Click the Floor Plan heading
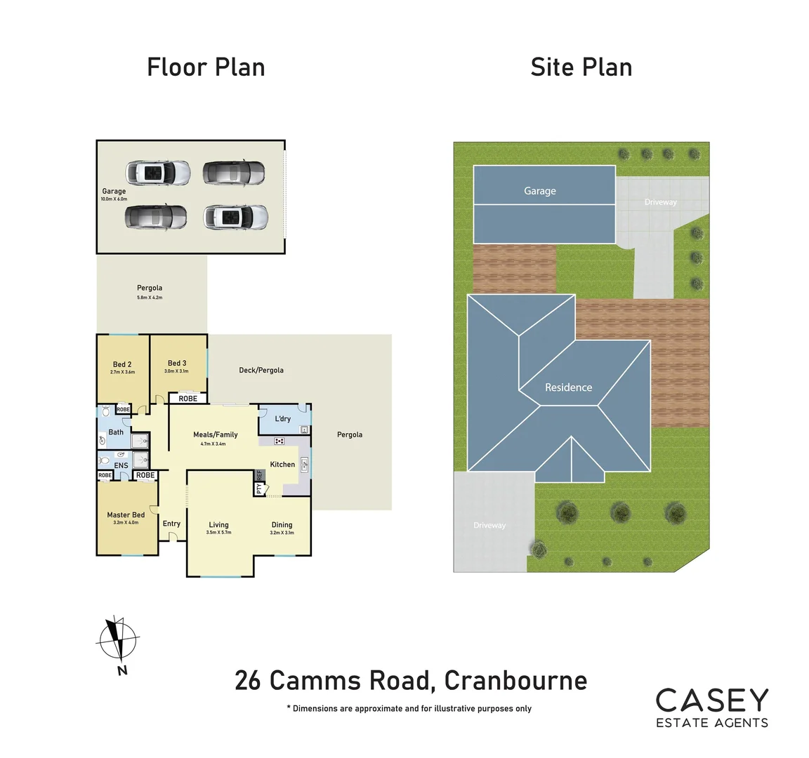click(x=206, y=67)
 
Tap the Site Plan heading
click(x=581, y=67)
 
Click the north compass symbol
click(x=117, y=640)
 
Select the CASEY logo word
click(x=712, y=700)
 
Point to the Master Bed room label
click(x=126, y=515)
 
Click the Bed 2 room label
click(x=122, y=364)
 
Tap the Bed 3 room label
click(x=177, y=364)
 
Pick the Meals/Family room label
click(x=215, y=434)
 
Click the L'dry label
click(x=282, y=419)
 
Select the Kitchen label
click(x=282, y=465)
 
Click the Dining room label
click(x=282, y=525)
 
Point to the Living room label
click(x=218, y=525)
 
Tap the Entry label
click(x=171, y=524)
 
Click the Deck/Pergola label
click(x=261, y=370)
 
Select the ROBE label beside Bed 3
click(x=188, y=399)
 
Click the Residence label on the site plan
click(x=568, y=387)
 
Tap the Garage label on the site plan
click(x=539, y=191)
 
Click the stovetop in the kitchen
click(x=279, y=441)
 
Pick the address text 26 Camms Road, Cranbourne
click(x=411, y=681)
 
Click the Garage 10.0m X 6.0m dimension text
click(x=114, y=199)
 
